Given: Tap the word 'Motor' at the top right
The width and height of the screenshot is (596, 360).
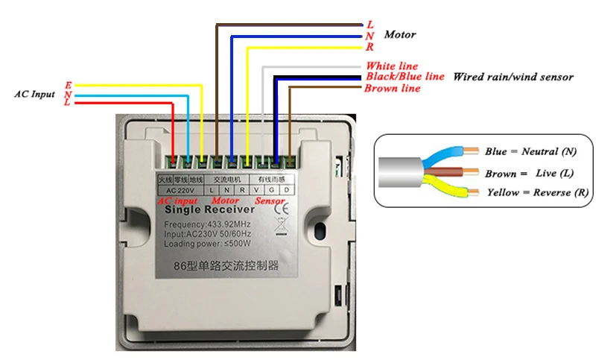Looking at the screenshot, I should click(x=400, y=35).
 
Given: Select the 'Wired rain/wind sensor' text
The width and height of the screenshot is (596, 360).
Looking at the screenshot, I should click(x=513, y=77).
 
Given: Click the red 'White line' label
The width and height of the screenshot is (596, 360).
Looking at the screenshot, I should click(x=391, y=66).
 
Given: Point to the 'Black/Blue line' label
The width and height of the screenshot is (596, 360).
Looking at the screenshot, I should click(x=405, y=77).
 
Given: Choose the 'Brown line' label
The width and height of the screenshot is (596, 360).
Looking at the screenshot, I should click(x=392, y=89).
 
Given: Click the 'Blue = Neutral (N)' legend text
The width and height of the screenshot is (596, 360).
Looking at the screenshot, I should click(x=530, y=152).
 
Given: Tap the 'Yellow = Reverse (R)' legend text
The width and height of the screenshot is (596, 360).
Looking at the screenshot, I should click(x=539, y=193).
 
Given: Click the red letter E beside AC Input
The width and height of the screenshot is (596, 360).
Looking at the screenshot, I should click(x=69, y=85).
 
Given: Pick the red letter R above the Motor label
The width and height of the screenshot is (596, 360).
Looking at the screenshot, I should click(x=370, y=47).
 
